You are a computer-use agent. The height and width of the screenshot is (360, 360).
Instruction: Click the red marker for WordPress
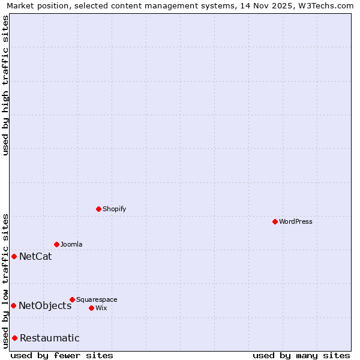275,221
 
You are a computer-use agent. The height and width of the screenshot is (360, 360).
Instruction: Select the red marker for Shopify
98,209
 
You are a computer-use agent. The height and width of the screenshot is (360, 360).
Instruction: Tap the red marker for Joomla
56,244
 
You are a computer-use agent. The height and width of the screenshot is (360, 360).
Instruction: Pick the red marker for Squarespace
72,299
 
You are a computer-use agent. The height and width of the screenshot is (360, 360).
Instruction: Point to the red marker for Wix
91,308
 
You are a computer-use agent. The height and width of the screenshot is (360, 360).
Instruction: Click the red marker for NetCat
14,256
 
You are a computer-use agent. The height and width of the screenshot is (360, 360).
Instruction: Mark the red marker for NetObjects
13,305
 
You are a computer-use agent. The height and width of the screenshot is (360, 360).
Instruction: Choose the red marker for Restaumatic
14,338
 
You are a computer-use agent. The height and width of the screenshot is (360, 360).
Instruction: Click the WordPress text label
296,221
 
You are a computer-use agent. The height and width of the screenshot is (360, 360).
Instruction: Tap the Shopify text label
114,209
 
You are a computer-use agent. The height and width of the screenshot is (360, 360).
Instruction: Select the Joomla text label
71,244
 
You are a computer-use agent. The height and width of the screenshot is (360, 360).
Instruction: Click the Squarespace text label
97,299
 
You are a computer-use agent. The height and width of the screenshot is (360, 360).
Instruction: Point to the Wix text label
101,308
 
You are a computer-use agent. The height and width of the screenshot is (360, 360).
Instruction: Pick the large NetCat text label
35,257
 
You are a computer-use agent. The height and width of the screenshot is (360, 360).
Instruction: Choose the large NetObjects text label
45,306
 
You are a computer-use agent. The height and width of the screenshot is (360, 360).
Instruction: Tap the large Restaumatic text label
49,338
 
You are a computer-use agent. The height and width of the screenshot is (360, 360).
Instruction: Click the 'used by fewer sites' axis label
62,355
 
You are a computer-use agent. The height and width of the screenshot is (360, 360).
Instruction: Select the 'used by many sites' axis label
301,355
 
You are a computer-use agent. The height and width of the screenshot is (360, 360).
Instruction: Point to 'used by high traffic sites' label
6,85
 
